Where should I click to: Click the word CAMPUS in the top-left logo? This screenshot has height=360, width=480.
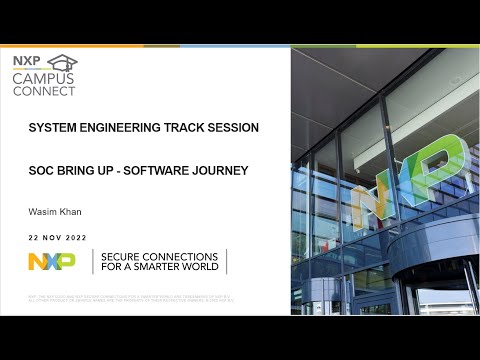(x=42, y=77)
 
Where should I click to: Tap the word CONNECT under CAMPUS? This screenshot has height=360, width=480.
(x=43, y=90)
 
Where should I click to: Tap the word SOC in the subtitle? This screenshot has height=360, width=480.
(x=41, y=170)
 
